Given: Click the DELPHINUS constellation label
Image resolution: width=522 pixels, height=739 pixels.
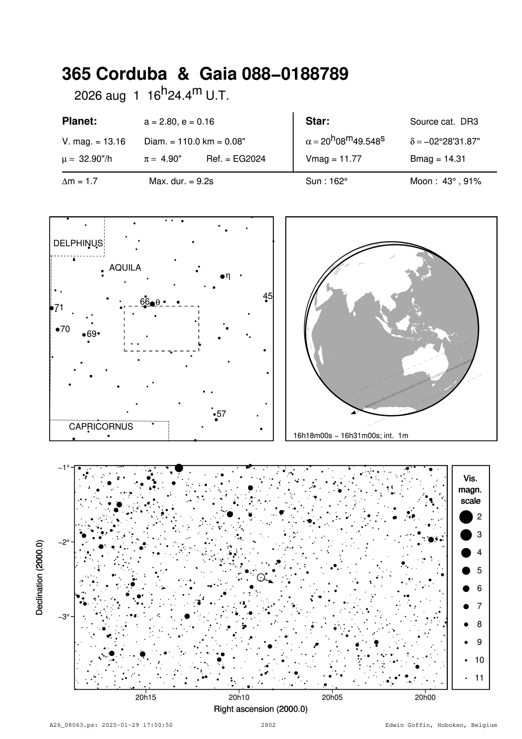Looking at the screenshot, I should click(x=78, y=243).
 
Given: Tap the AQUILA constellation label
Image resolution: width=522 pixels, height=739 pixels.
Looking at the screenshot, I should click(x=125, y=268).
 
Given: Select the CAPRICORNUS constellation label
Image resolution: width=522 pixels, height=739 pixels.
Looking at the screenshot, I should click(x=101, y=426).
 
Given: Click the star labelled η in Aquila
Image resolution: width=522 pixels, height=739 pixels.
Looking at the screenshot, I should click(x=222, y=277).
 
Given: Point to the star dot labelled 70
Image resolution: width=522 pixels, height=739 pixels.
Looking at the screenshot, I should click(x=58, y=329).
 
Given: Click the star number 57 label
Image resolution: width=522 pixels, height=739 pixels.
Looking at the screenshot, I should click(x=222, y=414).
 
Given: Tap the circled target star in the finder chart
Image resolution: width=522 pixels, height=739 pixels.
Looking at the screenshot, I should click(x=261, y=577).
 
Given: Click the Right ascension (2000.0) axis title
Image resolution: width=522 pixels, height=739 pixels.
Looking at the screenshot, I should click(x=261, y=709).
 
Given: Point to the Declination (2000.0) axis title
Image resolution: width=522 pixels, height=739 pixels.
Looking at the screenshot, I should click(x=40, y=577).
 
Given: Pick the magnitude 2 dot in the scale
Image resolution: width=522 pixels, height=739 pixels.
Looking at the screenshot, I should click(x=466, y=516).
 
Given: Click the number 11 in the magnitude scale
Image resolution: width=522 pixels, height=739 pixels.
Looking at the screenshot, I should click(x=479, y=678).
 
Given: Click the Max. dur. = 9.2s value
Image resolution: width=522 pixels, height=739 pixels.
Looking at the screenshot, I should click(x=181, y=181).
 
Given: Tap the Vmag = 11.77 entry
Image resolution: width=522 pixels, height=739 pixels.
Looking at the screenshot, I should click(x=333, y=159).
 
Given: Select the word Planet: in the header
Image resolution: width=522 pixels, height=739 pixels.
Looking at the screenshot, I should click(x=80, y=121).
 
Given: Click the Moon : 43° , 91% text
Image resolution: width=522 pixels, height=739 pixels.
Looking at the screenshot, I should click(x=445, y=181).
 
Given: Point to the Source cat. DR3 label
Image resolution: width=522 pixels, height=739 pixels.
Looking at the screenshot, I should click(x=444, y=122).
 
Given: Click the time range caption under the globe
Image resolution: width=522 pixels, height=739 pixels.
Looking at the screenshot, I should click(x=351, y=435).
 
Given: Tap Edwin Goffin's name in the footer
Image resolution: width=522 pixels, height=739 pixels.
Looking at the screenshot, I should click(x=441, y=726).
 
